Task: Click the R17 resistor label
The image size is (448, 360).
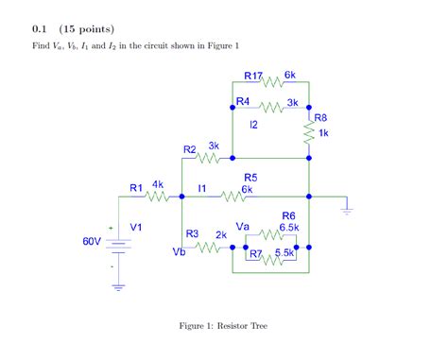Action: [x=253, y=75]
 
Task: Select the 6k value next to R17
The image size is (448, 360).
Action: [x=290, y=75]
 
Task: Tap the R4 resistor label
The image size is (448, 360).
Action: [x=243, y=100]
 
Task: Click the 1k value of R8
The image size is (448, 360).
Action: [x=324, y=133]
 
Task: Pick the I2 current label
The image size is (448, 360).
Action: [x=253, y=125]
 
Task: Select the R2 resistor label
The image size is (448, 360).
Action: [x=190, y=149]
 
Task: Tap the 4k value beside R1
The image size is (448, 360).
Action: [x=158, y=185]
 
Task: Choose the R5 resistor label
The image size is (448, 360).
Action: [x=250, y=177]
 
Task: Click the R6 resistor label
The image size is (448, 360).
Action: [x=288, y=215]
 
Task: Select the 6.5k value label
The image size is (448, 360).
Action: [x=289, y=228]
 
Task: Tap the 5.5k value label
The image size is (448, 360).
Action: [x=284, y=253]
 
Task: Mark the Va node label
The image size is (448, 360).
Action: [x=243, y=227]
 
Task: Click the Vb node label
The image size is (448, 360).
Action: [x=180, y=252]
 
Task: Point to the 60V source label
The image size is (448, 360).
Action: [x=91, y=242]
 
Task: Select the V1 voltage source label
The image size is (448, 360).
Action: [x=137, y=227]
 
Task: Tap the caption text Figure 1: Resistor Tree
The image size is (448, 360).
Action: [x=223, y=326]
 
